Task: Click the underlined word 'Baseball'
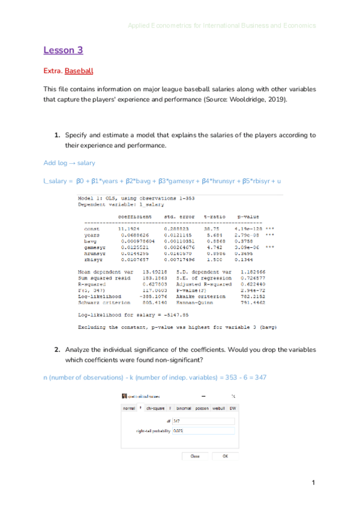point(79,71)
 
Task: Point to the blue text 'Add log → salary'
point(69,163)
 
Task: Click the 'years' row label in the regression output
point(92,234)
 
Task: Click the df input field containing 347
point(203,421)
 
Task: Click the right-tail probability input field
point(203,431)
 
